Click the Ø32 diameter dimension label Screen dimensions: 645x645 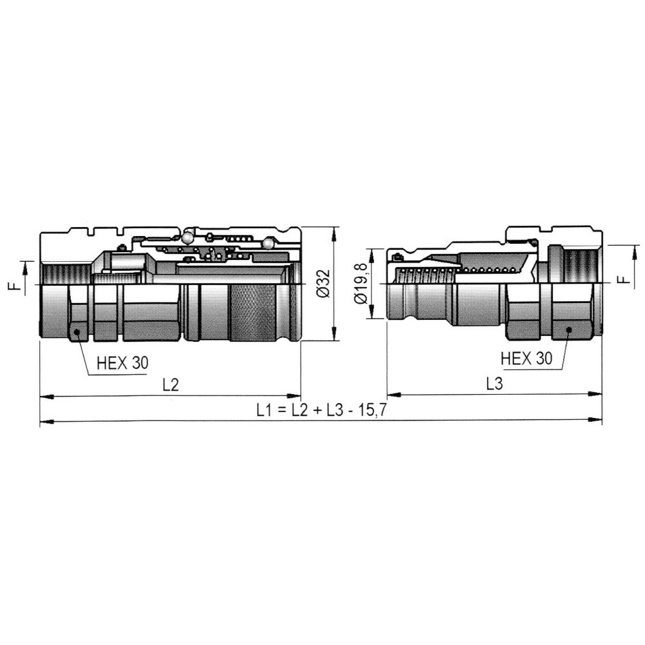[323, 283]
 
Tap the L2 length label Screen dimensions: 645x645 [171, 384]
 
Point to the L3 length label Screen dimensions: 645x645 [495, 384]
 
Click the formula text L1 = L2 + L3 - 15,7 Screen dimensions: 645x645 [321, 410]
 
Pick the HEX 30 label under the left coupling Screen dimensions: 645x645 [123, 362]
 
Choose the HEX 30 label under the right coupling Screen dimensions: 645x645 [526, 359]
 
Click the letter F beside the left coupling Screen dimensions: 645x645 [14, 284]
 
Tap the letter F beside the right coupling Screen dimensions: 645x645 [625, 279]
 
